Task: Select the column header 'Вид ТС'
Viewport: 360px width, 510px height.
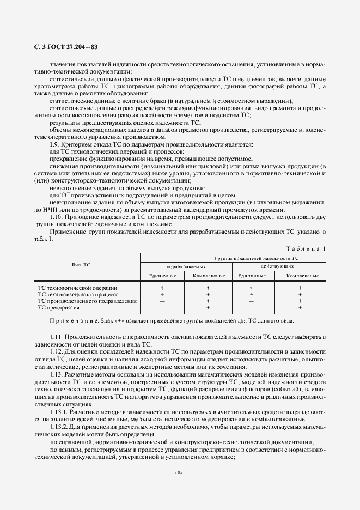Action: pos(81,264)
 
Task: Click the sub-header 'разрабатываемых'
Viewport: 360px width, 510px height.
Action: pos(186,266)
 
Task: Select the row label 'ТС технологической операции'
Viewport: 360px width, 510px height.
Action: pos(77,287)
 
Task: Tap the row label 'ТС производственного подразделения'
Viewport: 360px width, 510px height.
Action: pos(86,301)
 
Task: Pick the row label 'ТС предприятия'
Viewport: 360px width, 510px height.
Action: pos(58,307)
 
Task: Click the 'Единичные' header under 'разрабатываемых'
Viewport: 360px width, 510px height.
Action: pos(162,276)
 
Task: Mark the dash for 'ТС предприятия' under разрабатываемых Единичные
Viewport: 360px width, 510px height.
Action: pos(162,307)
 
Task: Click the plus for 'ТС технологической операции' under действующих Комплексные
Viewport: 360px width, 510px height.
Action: pos(300,287)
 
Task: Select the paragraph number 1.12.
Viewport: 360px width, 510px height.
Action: pos(57,353)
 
